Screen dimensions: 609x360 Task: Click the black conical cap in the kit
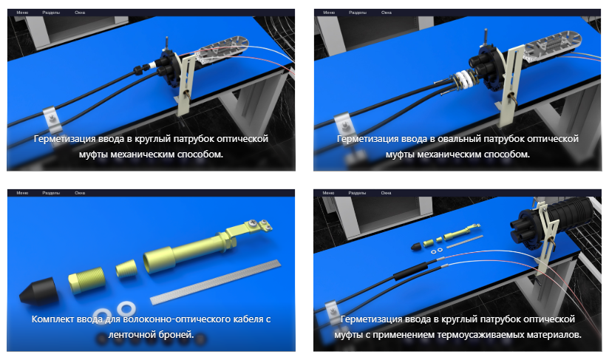pos(39,291)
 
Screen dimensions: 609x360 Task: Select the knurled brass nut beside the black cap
pos(87,279)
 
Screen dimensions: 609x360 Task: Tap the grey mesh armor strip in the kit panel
pos(216,282)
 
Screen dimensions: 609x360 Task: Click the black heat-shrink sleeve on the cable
pos(410,271)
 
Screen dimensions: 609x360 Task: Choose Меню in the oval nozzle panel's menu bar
pos(329,13)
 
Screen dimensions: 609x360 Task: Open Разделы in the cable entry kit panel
pos(51,193)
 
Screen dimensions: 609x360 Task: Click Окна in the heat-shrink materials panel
pos(386,193)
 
